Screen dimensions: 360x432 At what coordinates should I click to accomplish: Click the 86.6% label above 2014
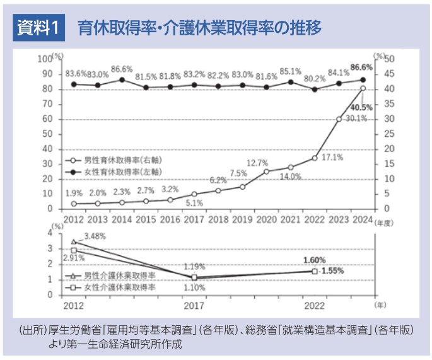click(122, 69)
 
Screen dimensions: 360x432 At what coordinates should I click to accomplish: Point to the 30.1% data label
click(356, 119)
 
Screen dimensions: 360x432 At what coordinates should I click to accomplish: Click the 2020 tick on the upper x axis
click(267, 219)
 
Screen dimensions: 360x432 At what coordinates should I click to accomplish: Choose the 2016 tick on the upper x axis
click(170, 219)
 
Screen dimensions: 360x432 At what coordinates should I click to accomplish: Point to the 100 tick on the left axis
click(44, 59)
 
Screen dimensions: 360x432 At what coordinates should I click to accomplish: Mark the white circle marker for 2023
click(339, 119)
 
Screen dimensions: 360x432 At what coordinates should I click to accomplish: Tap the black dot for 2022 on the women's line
click(315, 90)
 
